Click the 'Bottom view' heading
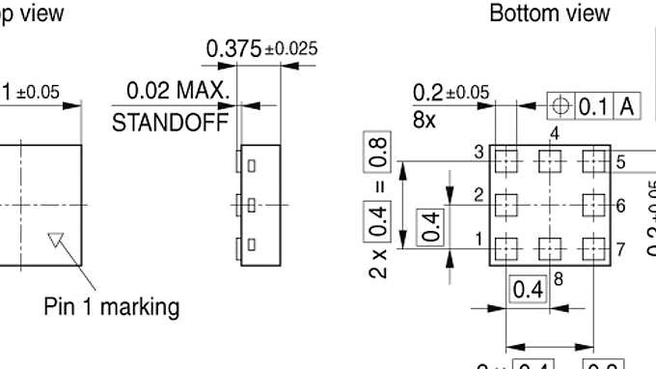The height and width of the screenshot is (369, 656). click(x=549, y=13)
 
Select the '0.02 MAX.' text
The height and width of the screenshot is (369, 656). click(x=179, y=93)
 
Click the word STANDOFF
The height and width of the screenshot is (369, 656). click(x=171, y=122)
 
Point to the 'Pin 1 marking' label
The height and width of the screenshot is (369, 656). click(x=112, y=307)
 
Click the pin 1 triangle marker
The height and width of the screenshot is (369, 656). click(x=57, y=239)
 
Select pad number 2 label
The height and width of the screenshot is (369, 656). click(x=478, y=194)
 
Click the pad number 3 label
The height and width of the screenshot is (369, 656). click(x=478, y=152)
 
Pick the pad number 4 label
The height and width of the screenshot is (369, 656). click(x=555, y=133)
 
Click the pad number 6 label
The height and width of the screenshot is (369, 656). click(x=620, y=205)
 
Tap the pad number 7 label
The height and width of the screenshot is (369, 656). click(x=620, y=249)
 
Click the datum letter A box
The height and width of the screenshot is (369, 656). click(x=627, y=106)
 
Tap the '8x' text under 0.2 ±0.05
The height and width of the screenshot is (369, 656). click(x=424, y=121)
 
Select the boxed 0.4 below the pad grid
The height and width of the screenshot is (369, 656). click(x=528, y=289)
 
